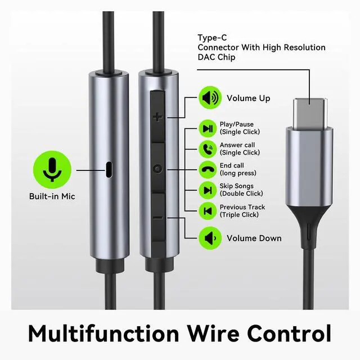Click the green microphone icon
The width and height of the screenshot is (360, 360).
coord(52,168)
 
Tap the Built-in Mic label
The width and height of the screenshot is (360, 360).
coord(52,197)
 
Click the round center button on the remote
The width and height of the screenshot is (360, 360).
coord(157,168)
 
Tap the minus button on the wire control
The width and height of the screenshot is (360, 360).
coord(157,217)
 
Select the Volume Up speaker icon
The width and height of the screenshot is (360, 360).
coord(209,98)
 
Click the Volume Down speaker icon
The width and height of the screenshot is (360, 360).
coord(209,238)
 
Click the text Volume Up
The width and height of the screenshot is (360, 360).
coord(248,98)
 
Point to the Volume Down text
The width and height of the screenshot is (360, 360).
coord(254,238)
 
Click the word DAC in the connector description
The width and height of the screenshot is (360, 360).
coord(205,58)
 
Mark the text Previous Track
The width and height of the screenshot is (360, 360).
coord(242,207)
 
